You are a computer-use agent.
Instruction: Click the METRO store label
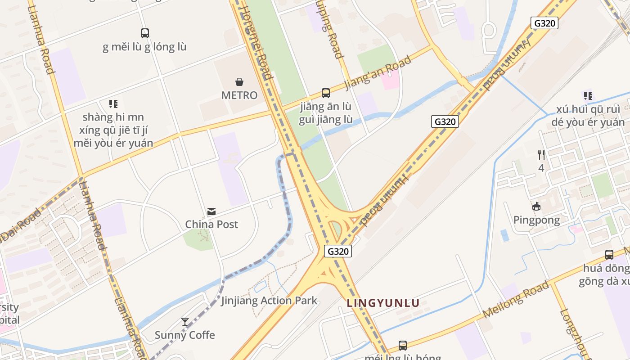tap(239, 95)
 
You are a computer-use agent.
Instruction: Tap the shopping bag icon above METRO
tap(239, 82)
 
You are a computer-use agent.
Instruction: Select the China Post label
tap(211, 224)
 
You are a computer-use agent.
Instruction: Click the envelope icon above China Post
tap(211, 211)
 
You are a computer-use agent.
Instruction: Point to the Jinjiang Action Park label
tap(269, 301)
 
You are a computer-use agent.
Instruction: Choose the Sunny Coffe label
tap(185, 335)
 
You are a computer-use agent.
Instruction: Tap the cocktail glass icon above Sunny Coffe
tap(185, 322)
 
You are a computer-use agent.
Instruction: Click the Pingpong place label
tap(536, 220)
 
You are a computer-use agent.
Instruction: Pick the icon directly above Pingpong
tap(536, 207)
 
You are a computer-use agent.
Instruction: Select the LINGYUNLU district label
tap(383, 303)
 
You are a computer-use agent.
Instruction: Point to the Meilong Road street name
tap(516, 300)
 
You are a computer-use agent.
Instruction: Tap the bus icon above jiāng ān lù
tap(326, 93)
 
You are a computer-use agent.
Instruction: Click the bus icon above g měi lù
tap(145, 33)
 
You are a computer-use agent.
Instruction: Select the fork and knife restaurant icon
tap(541, 155)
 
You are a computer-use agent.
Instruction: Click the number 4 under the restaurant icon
tap(541, 168)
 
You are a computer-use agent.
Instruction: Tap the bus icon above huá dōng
tap(609, 255)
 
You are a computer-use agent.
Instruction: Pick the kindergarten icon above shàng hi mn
tap(113, 104)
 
